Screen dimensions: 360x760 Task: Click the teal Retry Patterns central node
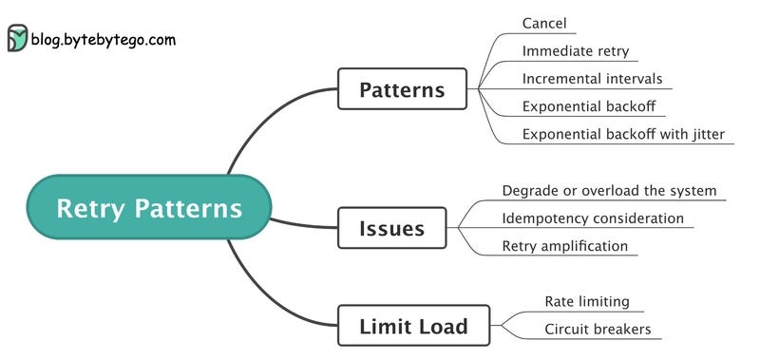(x=149, y=207)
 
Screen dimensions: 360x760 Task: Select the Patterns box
(x=402, y=90)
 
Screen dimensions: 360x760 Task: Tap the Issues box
(x=391, y=228)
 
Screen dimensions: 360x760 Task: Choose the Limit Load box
(x=413, y=326)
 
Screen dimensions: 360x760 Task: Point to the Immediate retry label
(x=576, y=50)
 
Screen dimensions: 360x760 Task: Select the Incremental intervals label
(x=592, y=78)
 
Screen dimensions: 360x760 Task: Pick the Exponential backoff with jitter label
(x=623, y=134)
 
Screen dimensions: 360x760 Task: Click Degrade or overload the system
(x=609, y=190)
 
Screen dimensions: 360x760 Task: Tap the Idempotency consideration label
(x=593, y=218)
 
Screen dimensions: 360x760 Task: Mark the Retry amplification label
(x=564, y=246)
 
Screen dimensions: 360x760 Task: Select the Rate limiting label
(x=586, y=301)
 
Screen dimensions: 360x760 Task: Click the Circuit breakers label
(x=597, y=330)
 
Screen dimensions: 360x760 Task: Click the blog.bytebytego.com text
(x=103, y=40)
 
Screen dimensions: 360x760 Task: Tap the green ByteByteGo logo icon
(x=17, y=38)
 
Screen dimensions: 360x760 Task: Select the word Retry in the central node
(x=91, y=207)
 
